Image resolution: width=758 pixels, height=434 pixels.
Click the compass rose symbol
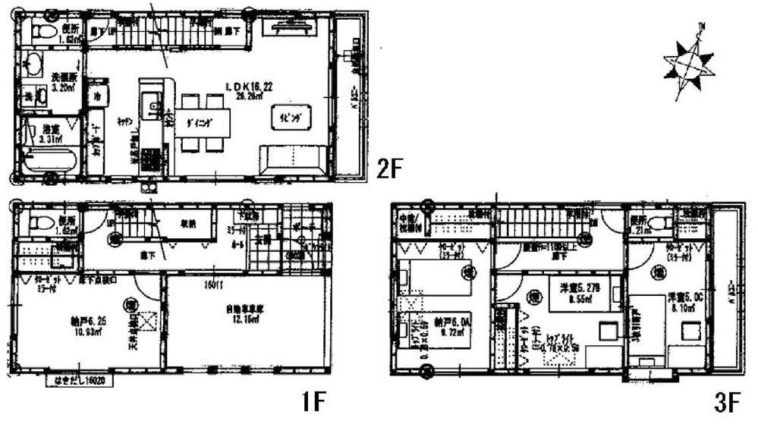point(688,63)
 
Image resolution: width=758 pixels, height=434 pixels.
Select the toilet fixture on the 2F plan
point(44,31)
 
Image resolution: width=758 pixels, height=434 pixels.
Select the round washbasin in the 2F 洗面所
point(34,64)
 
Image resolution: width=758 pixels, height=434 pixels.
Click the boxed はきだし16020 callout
point(80,379)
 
